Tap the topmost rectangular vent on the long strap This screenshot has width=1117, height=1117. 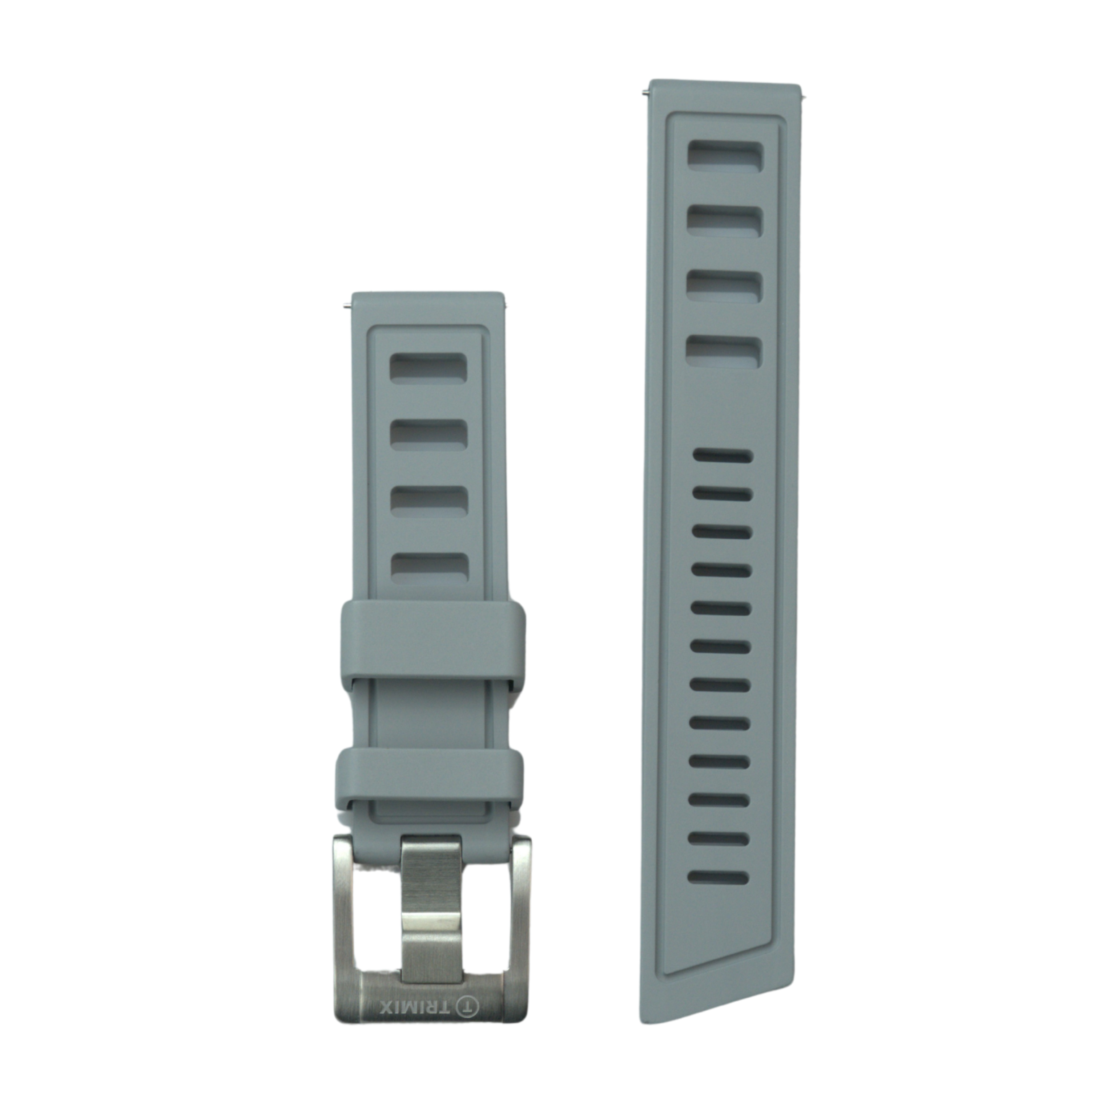pos(726,157)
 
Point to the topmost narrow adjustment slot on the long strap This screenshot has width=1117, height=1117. pos(723,456)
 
